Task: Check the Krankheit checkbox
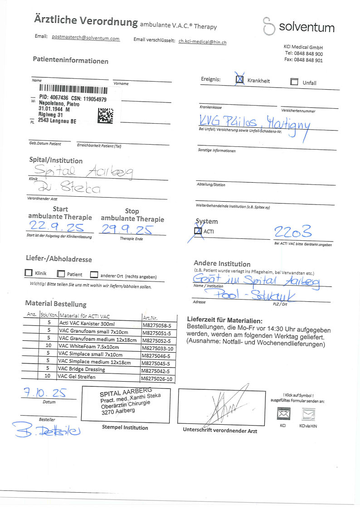(240, 80)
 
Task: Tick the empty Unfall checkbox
(294, 82)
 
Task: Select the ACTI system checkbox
(198, 231)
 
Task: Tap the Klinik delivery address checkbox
(29, 273)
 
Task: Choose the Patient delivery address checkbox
(61, 274)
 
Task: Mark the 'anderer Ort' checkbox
(94, 275)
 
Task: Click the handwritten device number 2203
(293, 233)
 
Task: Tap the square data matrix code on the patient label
(105, 116)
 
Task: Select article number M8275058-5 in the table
(157, 325)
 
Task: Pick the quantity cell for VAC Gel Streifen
(47, 376)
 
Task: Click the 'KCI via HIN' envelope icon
(308, 414)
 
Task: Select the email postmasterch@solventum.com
(86, 39)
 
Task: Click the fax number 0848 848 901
(303, 60)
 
